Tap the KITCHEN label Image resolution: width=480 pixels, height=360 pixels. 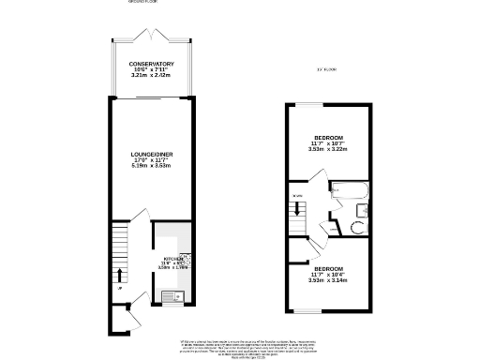[x=174, y=259]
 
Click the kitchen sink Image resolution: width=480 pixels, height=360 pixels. [x=169, y=298]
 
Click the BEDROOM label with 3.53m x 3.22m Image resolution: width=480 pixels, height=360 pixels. [x=328, y=136]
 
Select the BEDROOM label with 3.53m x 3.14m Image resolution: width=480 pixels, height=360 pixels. [x=328, y=270]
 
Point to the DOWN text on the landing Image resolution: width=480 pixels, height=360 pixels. [x=297, y=196]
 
